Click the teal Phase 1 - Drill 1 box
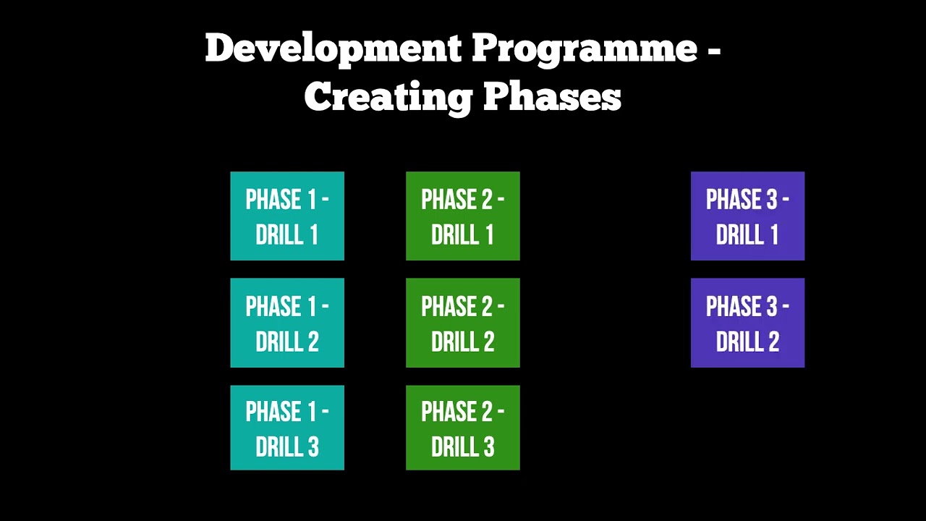point(287,216)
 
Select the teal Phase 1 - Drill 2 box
point(287,323)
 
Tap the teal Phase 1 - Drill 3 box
point(287,428)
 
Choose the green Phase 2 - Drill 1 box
point(463,216)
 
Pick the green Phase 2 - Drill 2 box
point(463,323)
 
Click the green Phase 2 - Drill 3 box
point(463,428)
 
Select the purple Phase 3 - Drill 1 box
point(747,216)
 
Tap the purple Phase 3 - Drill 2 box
point(747,323)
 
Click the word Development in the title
point(333,49)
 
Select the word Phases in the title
point(552,96)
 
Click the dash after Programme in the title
point(713,51)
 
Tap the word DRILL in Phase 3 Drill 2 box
point(737,342)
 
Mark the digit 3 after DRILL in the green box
point(488,447)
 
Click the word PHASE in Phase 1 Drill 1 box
point(273,200)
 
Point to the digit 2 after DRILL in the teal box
point(312,342)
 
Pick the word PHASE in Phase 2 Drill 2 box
point(449,307)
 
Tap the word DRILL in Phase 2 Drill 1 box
point(453,235)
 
